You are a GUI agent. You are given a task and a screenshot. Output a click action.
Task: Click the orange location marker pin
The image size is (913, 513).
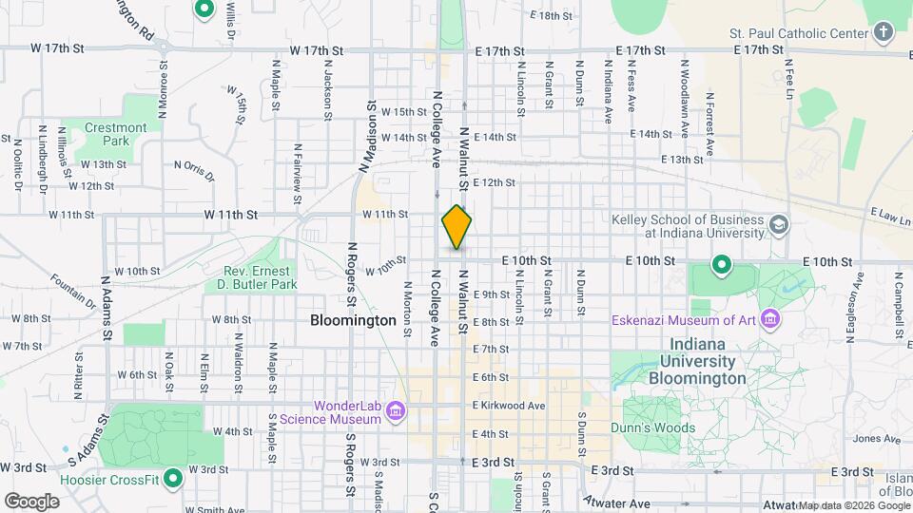456,227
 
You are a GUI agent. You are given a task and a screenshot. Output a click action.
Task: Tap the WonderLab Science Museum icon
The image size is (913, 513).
397,411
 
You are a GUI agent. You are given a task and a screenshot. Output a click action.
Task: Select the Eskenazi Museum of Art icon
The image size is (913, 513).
769,319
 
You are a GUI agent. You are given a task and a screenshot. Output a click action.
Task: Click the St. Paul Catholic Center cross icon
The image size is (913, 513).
884,33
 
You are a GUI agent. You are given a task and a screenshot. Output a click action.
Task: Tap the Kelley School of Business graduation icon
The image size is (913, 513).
779,225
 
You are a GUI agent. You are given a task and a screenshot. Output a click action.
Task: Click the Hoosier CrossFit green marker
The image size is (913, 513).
173,478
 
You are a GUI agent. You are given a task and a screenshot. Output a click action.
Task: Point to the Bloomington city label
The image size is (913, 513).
353,320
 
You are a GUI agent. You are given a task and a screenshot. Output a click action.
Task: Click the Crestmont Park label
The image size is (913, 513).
116,134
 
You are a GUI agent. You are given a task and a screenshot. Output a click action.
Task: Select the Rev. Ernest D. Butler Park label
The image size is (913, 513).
252,276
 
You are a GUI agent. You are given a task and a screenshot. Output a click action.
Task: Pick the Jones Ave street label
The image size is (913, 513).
870,438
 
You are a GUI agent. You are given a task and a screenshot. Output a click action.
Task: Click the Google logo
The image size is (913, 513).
31,501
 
